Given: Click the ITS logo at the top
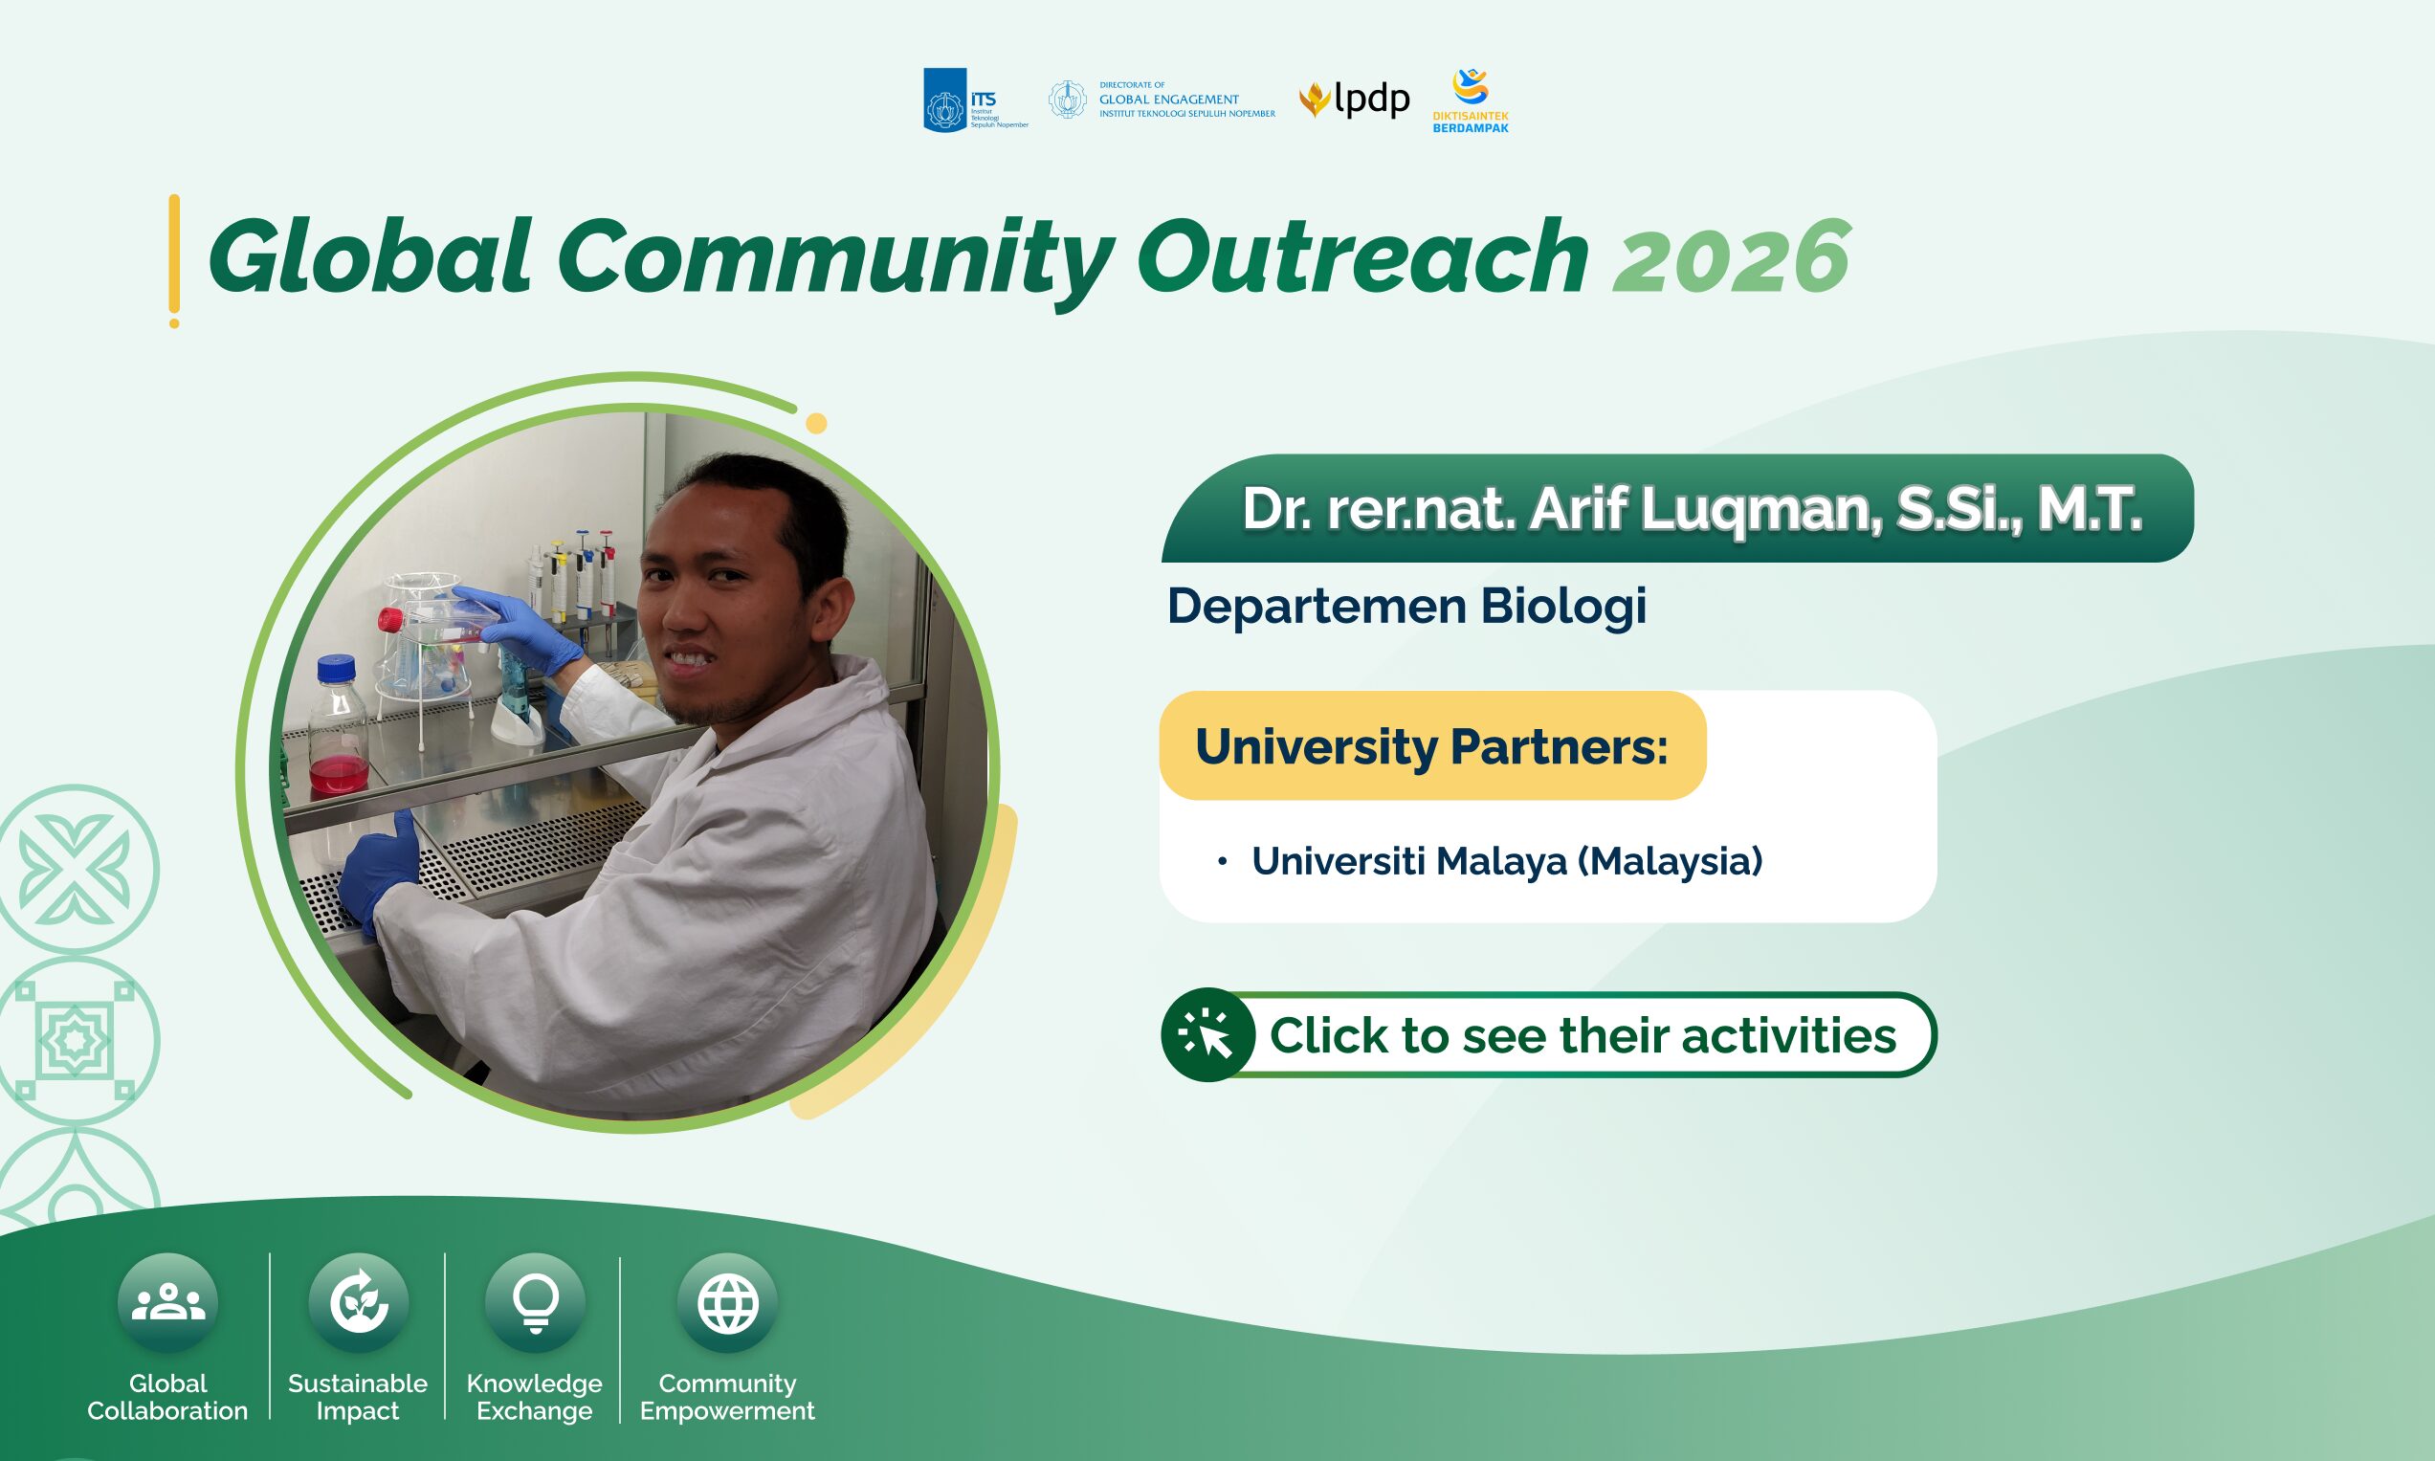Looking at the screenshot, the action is point(974,100).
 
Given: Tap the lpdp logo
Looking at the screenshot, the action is point(1354,100).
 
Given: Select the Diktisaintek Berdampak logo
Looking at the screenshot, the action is point(1471,100).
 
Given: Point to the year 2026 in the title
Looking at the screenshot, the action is point(1731,257).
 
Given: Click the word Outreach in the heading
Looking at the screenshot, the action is point(1362,256).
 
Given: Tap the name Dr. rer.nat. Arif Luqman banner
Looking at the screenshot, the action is point(1677,508).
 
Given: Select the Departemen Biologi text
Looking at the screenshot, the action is point(1406,606).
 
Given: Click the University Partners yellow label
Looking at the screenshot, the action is point(1433,745).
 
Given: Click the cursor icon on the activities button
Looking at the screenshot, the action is point(1206,1034).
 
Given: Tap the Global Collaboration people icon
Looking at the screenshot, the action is point(167,1302).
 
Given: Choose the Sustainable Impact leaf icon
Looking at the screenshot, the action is point(358,1302).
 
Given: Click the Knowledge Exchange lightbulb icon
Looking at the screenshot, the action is point(536,1302).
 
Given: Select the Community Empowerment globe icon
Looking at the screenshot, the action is point(727,1302).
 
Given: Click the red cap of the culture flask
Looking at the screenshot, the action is point(390,620).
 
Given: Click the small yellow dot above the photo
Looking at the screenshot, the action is point(816,423).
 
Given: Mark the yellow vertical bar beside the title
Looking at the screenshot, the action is point(174,261).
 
